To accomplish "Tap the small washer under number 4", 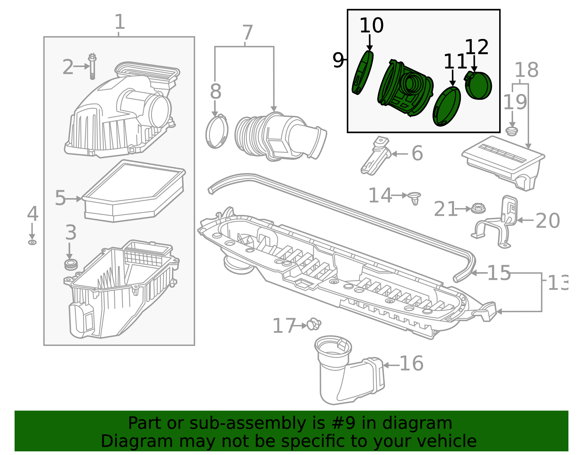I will (x=32, y=242).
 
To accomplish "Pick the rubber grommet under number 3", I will (x=71, y=264).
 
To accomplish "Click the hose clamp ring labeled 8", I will (x=217, y=132).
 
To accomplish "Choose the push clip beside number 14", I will (x=415, y=198).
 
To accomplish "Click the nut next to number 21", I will (x=478, y=209).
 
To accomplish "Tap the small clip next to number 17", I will (x=314, y=324).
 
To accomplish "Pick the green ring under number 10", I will (x=363, y=73).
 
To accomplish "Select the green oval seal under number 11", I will (x=447, y=106).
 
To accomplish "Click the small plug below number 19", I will (x=512, y=131).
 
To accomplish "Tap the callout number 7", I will (x=247, y=33).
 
